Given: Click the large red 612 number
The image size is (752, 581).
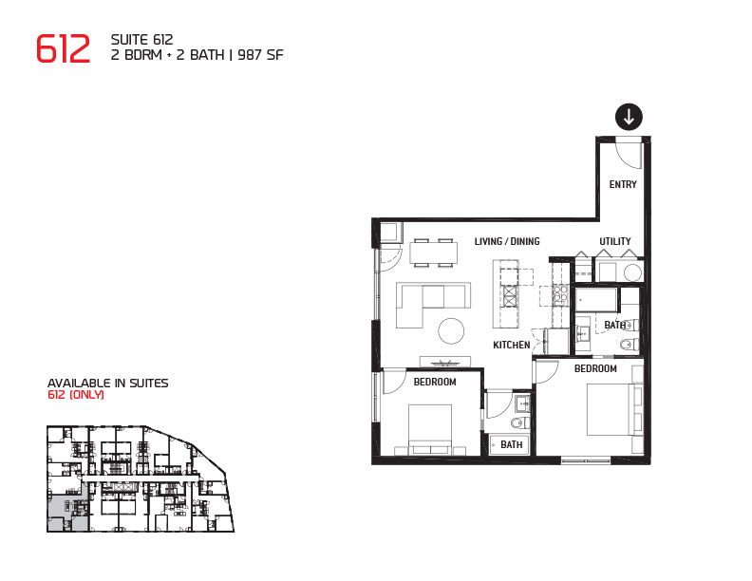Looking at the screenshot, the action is click(64, 48).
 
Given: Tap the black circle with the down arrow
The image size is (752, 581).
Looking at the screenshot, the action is click(629, 117).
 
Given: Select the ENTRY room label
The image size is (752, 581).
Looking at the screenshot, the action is click(623, 184).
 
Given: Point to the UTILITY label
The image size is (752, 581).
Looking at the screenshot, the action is click(615, 241).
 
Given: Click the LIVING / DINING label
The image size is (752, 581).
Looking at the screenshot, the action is click(507, 241).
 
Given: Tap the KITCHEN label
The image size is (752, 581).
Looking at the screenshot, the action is click(511, 345).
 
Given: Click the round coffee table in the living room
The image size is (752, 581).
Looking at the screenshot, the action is click(451, 331).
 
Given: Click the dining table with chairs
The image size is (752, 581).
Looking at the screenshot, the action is click(434, 253).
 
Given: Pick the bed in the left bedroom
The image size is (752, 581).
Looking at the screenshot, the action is click(430, 429).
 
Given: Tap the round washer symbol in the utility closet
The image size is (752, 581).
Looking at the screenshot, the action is click(632, 273).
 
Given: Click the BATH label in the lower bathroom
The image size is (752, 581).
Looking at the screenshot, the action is click(511, 444).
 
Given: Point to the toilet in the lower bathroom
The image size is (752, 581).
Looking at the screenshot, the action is click(519, 422).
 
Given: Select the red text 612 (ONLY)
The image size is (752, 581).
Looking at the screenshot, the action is click(76, 395).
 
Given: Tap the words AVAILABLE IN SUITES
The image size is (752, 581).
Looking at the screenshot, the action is click(108, 383).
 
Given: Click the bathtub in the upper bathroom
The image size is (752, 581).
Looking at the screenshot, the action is click(596, 300).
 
